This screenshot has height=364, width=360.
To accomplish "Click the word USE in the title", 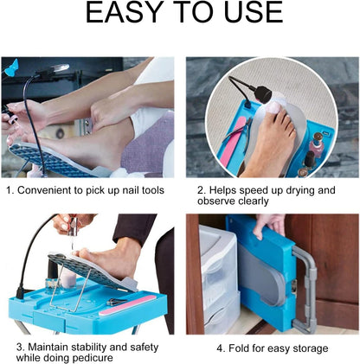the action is (x=254, y=12).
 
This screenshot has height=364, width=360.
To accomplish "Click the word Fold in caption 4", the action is (x=239, y=348).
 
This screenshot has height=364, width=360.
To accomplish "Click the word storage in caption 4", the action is (x=311, y=348).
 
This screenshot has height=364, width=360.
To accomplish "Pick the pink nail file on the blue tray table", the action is (x=128, y=305).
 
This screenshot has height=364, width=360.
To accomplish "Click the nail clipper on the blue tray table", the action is (x=116, y=302).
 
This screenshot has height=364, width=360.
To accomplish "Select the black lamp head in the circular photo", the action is (x=264, y=93).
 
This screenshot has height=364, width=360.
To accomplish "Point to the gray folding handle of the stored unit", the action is (x=305, y=287).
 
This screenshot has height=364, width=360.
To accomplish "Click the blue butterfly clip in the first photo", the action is (x=12, y=67).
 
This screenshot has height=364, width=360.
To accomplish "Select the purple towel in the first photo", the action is (x=148, y=145).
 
